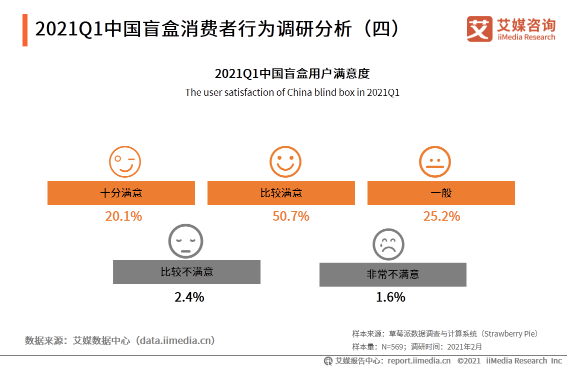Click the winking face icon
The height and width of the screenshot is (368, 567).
click(x=124, y=162)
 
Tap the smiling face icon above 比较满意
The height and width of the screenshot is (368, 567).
click(x=285, y=162)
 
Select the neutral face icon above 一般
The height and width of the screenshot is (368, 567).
click(x=434, y=162)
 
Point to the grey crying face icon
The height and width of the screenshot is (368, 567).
click(x=388, y=244)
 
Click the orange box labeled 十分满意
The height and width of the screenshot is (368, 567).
click(x=121, y=193)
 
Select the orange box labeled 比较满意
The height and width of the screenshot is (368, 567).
click(x=281, y=193)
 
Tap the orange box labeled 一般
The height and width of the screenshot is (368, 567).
click(x=441, y=193)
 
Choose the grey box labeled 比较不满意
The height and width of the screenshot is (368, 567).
click(x=186, y=272)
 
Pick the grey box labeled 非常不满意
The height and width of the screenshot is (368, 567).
click(x=392, y=275)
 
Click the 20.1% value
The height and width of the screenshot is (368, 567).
click(x=123, y=216)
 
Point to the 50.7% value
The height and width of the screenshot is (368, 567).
click(x=290, y=216)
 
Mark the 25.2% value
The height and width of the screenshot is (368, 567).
click(x=441, y=216)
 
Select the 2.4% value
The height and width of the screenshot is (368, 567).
click(x=189, y=297)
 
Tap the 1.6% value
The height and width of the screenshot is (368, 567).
click(x=390, y=297)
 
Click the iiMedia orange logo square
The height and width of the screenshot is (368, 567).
click(x=479, y=29)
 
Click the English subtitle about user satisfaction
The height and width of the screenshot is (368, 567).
click(x=292, y=92)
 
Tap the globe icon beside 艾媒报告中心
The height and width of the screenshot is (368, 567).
click(x=328, y=361)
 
